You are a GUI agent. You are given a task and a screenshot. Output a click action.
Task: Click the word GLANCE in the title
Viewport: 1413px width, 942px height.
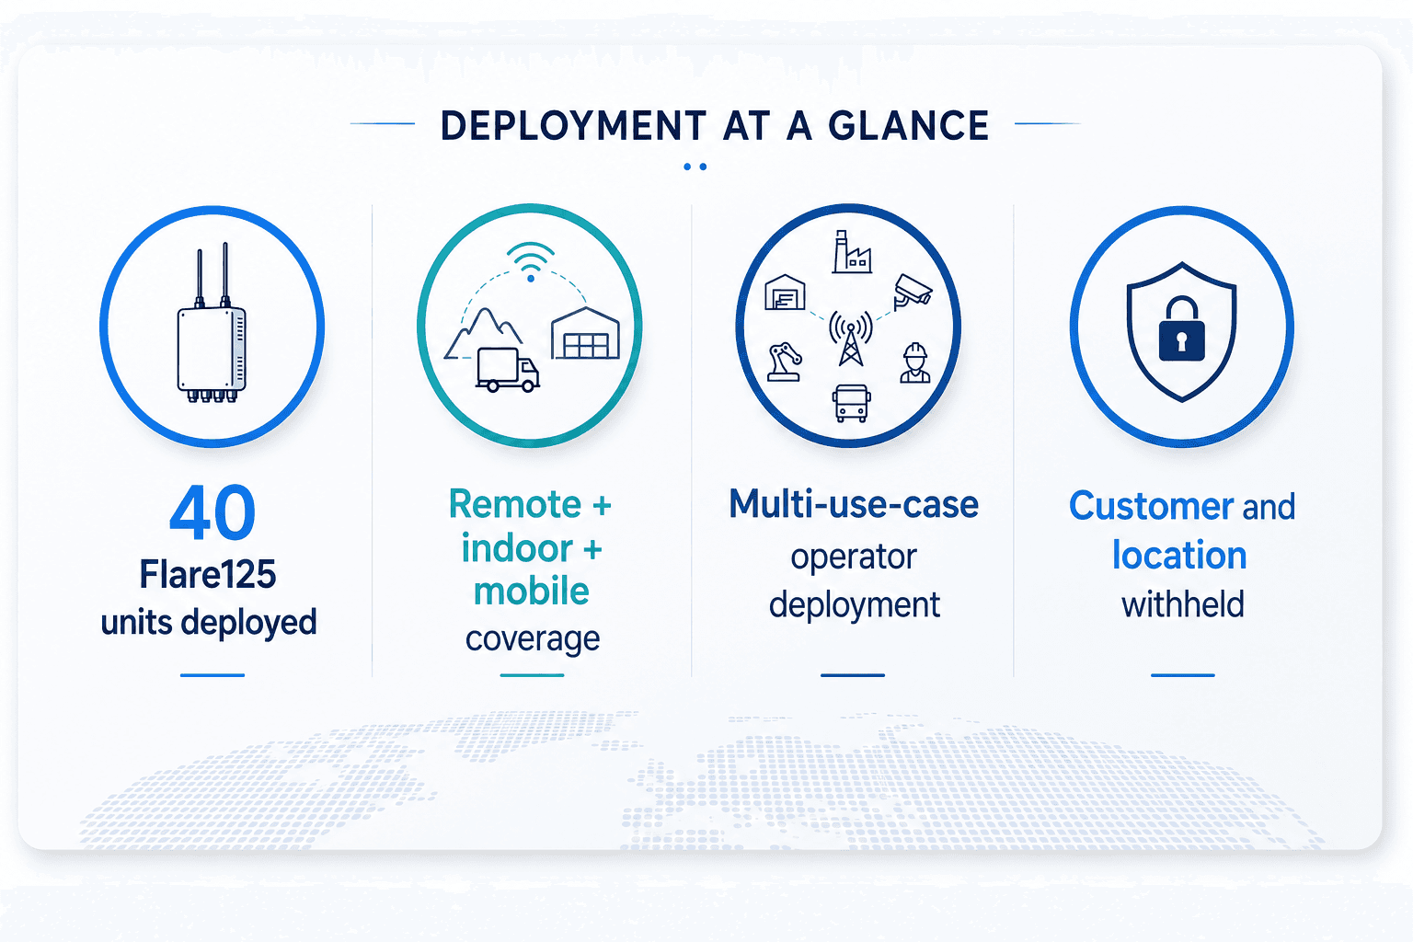908,125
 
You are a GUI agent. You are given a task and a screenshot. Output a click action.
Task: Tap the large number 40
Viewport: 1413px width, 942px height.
213,512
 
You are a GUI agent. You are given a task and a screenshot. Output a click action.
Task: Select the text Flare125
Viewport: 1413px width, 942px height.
208,574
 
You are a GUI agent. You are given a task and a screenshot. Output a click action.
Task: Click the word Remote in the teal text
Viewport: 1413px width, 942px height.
515,504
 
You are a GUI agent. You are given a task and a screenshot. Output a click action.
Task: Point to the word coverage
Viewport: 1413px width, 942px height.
533,638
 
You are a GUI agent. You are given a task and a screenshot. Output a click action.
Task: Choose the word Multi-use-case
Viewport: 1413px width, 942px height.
854,504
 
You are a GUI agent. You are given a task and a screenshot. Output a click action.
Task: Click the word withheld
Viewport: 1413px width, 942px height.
1183,603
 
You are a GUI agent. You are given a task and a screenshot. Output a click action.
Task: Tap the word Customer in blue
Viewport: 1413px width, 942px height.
1151,506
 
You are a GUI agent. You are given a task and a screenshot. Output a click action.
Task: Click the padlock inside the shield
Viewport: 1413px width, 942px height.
1181,328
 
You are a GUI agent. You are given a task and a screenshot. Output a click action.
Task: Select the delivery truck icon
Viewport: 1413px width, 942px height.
508,370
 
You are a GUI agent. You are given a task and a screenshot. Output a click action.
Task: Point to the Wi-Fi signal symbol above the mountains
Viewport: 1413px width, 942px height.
531,261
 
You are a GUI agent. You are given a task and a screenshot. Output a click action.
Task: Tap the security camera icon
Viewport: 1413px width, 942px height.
913,292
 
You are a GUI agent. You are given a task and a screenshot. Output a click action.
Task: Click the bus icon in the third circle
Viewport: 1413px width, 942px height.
851,403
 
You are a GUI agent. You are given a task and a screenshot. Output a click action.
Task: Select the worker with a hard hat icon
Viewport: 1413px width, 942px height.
914,362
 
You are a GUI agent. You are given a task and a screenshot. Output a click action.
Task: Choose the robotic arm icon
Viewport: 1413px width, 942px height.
785,362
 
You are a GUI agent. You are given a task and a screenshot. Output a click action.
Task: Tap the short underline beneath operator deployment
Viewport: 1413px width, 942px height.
852,675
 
